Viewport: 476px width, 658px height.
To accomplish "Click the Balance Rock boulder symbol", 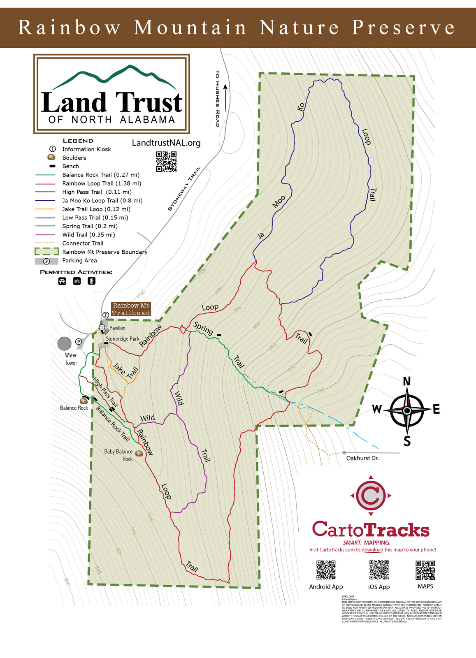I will pyautogui.click(x=84, y=401).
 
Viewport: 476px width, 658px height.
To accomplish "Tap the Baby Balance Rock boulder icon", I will pyautogui.click(x=139, y=454).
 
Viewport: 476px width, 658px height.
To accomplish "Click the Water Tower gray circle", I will pyautogui.click(x=65, y=343).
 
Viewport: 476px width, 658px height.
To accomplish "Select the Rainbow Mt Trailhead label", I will pyautogui.click(x=131, y=309).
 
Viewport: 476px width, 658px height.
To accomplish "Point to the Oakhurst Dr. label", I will pyautogui.click(x=362, y=458).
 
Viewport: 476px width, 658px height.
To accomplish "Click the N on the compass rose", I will pyautogui.click(x=407, y=382).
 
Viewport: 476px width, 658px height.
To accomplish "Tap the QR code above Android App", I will pyautogui.click(x=326, y=570).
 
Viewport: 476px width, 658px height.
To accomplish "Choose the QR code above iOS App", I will pyautogui.click(x=379, y=570).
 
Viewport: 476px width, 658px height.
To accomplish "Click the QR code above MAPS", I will pyautogui.click(x=425, y=570).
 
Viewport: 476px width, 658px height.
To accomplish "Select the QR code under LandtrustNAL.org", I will pyautogui.click(x=166, y=162).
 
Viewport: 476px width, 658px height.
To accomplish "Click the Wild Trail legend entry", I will pyautogui.click(x=88, y=235).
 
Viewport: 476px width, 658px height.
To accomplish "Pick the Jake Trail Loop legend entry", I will pyautogui.click(x=96, y=209).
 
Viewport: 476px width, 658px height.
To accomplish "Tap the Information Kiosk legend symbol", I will pyautogui.click(x=52, y=149).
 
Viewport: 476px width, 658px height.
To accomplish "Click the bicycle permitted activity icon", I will pyautogui.click(x=77, y=281).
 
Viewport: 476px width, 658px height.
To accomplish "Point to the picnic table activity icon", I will pyautogui.click(x=62, y=281).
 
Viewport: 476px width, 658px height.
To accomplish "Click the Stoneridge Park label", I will pyautogui.click(x=123, y=339).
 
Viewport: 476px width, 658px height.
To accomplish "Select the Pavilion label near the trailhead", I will pyautogui.click(x=117, y=328).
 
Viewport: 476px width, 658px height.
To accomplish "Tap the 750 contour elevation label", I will pyautogui.click(x=320, y=391).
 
